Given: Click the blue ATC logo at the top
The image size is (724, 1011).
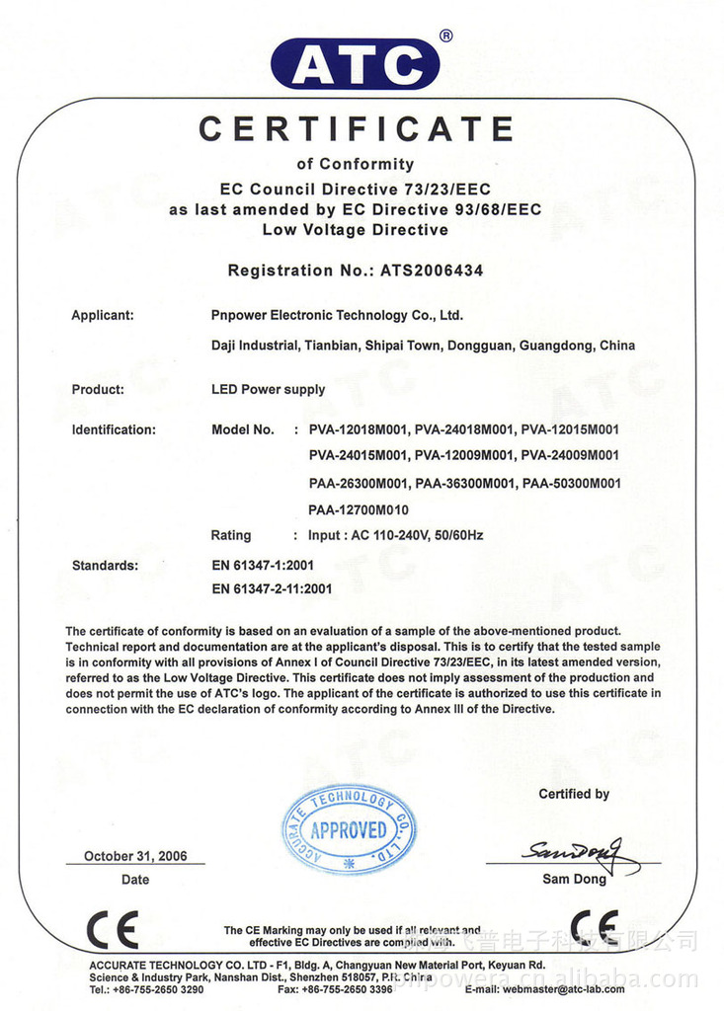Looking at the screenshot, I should point(356,64).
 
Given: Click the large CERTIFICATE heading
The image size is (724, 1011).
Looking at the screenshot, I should point(356,129).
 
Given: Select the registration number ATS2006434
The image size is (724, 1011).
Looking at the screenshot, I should point(432,271).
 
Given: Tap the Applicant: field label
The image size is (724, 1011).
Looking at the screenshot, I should point(103,316).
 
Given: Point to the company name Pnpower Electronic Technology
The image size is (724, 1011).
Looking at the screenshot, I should point(337,316).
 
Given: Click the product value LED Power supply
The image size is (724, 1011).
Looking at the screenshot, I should point(268,389).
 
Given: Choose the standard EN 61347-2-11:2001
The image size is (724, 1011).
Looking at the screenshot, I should point(272,589).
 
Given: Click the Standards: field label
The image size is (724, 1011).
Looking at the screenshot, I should point(106,566).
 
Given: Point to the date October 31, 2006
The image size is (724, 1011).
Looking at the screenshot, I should point(135,856).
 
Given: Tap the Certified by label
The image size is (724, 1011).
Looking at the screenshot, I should point(574,794).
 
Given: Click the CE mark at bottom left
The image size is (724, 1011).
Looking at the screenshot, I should point(112,930).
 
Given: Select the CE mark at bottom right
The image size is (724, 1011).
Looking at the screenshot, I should point(595,928).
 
